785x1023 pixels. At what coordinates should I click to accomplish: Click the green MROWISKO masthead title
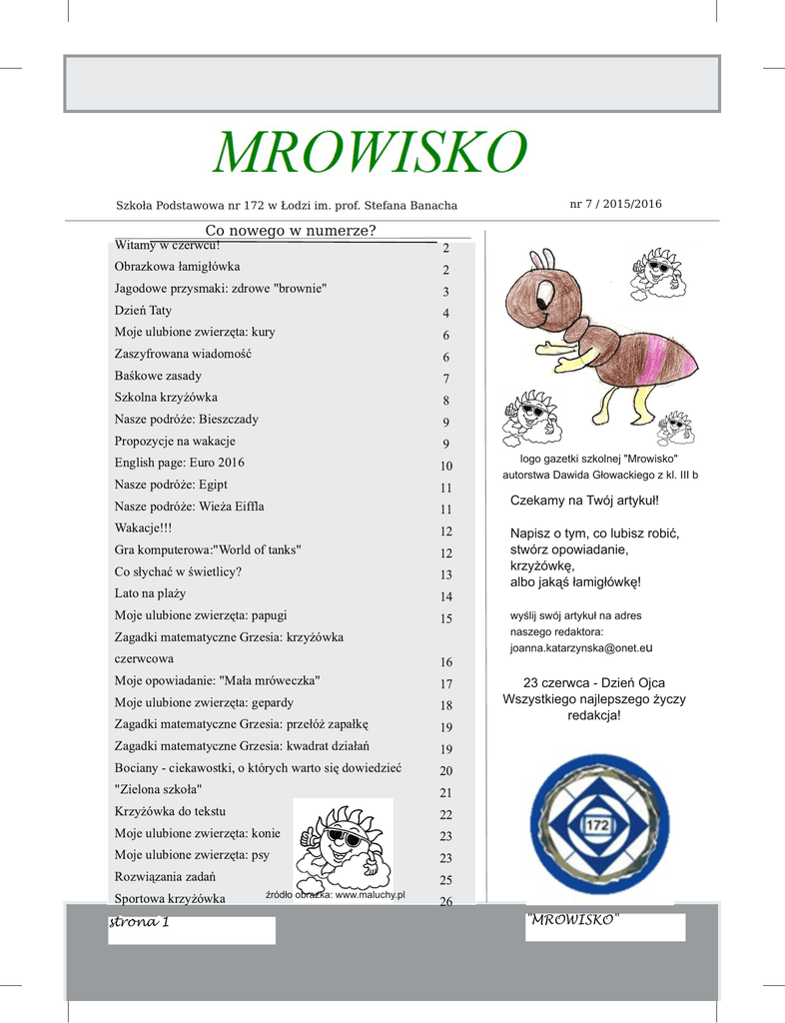pyautogui.click(x=370, y=153)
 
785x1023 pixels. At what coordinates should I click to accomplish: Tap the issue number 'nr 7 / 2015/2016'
pyautogui.click(x=615, y=204)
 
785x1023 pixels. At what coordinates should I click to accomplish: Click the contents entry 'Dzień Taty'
pyautogui.click(x=143, y=311)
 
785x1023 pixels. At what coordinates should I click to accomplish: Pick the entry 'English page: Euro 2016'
pyautogui.click(x=179, y=463)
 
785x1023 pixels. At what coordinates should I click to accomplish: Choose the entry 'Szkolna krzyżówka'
pyautogui.click(x=166, y=398)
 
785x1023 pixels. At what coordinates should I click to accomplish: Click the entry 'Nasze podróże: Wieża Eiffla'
pyautogui.click(x=189, y=507)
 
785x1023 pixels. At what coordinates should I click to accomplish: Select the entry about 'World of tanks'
pyautogui.click(x=208, y=550)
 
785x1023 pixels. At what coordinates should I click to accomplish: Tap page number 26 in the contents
pyautogui.click(x=446, y=902)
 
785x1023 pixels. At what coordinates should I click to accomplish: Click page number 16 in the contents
pyautogui.click(x=446, y=662)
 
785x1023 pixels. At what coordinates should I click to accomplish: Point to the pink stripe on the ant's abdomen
pyautogui.click(x=658, y=360)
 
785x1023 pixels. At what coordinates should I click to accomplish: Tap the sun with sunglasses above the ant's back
pyautogui.click(x=657, y=273)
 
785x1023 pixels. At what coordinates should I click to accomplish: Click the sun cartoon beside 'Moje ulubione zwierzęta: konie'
pyautogui.click(x=343, y=846)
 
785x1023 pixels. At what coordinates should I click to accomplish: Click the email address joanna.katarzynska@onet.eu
pyautogui.click(x=581, y=647)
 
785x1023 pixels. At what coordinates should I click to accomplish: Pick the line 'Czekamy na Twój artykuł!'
pyautogui.click(x=584, y=500)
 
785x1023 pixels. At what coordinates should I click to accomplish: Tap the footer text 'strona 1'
pyautogui.click(x=139, y=922)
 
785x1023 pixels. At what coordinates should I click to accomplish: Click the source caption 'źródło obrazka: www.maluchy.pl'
pyautogui.click(x=335, y=895)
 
